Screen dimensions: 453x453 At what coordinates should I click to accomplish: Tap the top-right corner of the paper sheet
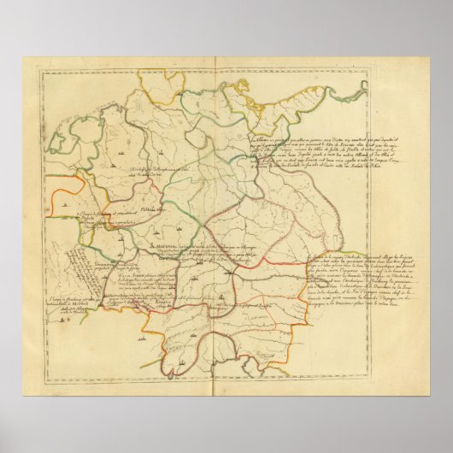[x=429, y=58]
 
